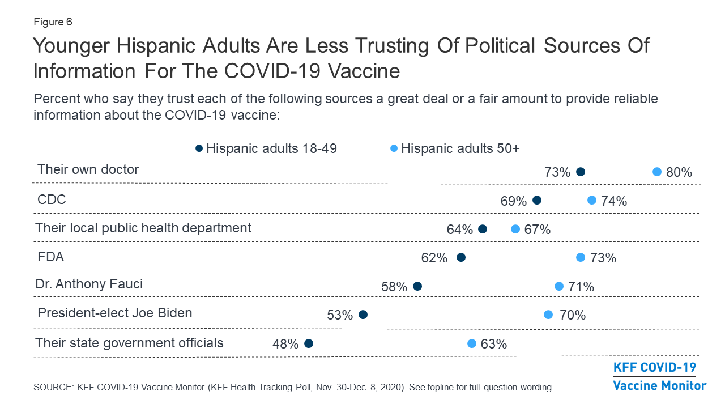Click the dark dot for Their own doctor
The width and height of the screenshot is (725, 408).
point(581,172)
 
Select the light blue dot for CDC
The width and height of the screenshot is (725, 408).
point(592,200)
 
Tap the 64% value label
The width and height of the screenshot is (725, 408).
point(459,229)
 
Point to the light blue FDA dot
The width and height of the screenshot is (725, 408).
point(581,257)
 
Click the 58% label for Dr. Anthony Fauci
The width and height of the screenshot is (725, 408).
point(394,287)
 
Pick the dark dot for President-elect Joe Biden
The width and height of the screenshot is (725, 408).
point(363,314)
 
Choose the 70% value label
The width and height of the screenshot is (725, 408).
point(573,315)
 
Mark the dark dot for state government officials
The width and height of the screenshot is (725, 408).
point(309,343)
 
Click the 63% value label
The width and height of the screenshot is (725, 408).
point(493,344)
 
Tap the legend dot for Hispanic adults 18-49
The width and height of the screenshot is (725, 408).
point(199,148)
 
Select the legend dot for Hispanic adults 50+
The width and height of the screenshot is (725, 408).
point(394,148)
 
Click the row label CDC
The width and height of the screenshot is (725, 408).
point(52,199)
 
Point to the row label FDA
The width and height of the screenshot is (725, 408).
point(50,257)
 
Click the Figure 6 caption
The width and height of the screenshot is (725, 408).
point(53,22)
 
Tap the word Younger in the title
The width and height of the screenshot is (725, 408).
point(71,46)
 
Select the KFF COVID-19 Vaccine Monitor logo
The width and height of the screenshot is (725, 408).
point(660,376)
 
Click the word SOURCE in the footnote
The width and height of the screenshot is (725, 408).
point(54,387)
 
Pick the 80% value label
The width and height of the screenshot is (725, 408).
point(679,172)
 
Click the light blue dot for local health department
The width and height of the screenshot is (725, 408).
point(515,229)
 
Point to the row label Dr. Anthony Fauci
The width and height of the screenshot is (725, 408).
point(89,284)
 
